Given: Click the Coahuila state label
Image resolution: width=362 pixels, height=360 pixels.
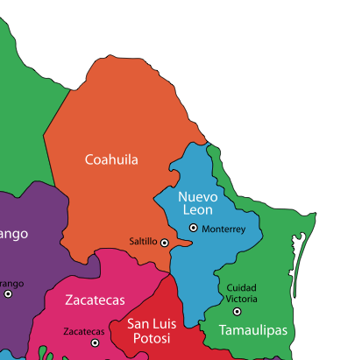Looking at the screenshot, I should tap(111, 159).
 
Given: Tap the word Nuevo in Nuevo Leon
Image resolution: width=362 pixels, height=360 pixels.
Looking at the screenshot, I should tap(197, 196).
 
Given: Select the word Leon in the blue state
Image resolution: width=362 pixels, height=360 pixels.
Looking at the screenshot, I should tap(197, 211).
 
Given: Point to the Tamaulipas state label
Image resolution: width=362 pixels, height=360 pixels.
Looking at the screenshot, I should tap(252, 330).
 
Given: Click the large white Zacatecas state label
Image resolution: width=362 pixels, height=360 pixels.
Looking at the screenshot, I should tap(94, 300).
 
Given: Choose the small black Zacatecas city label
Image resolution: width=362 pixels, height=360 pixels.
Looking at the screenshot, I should tap(84, 332).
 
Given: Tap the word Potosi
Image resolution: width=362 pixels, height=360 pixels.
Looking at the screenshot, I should tap(152, 339).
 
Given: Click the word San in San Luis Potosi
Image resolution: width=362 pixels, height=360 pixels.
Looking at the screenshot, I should tap(140, 324).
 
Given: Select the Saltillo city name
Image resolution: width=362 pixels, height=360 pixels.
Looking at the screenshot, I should tap(143, 241).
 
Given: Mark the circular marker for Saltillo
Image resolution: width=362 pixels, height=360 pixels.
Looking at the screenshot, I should tap(164, 242).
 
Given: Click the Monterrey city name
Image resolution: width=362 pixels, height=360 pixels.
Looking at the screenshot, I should tap(224, 229).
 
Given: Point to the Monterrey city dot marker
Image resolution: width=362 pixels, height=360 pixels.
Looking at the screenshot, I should tap(194, 228).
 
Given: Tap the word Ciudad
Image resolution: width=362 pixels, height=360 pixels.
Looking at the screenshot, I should tap(241, 287).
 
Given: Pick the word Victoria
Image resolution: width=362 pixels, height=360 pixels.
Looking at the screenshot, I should tap(241, 299).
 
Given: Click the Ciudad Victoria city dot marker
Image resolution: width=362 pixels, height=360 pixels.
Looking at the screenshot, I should tap(237, 311).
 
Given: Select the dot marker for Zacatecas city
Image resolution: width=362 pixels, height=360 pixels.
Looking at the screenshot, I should tap(95, 342).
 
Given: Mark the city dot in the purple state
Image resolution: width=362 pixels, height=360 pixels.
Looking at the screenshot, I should tap(8, 293).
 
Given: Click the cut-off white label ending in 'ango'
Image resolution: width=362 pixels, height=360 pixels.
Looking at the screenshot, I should tap(13, 234).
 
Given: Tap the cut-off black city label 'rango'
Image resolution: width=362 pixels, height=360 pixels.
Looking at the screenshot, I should tap(11, 283).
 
